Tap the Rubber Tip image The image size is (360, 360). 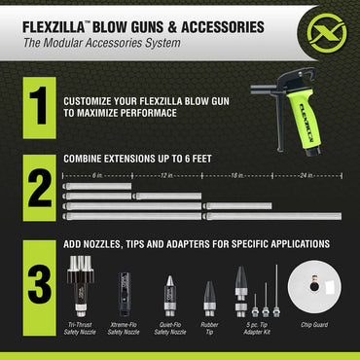point(208,293)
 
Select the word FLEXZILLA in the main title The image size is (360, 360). point(54,18)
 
